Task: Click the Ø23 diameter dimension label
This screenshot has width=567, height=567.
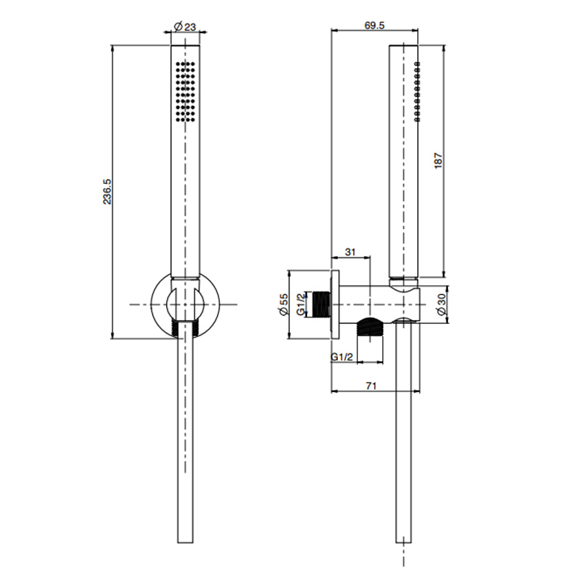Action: tap(185, 27)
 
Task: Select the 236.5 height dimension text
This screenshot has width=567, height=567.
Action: tap(107, 192)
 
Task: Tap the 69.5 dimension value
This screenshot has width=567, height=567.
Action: tap(374, 25)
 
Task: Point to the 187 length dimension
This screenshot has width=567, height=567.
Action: tap(438, 160)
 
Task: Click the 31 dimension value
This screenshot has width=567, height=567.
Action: tap(350, 252)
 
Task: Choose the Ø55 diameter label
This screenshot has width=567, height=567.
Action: tap(283, 304)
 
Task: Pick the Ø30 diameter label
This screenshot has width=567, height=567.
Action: tap(441, 304)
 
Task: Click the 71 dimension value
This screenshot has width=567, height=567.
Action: tap(371, 386)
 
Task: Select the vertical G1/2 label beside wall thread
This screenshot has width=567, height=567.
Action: tap(301, 304)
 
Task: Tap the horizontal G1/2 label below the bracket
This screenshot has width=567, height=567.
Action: tap(342, 357)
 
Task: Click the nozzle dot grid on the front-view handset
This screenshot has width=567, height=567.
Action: tap(185, 91)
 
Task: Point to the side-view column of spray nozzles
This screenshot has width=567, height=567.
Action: tap(417, 91)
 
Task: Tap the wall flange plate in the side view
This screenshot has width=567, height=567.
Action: tap(335, 305)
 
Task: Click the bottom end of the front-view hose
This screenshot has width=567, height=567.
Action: tap(185, 543)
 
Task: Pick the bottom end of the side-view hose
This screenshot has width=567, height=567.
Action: tap(403, 543)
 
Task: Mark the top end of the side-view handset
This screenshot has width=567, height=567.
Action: tap(403, 45)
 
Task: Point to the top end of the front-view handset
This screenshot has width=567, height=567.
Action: tap(185, 45)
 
